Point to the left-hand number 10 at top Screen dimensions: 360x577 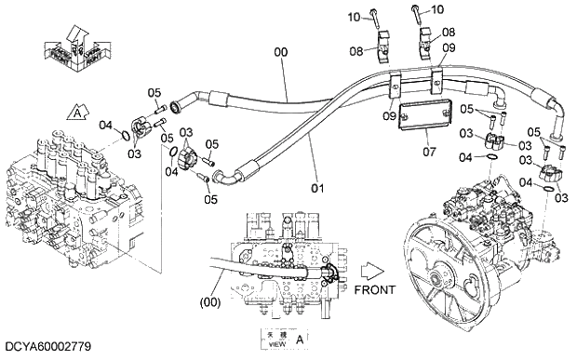[354, 17]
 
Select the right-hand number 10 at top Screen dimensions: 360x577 [438, 9]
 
